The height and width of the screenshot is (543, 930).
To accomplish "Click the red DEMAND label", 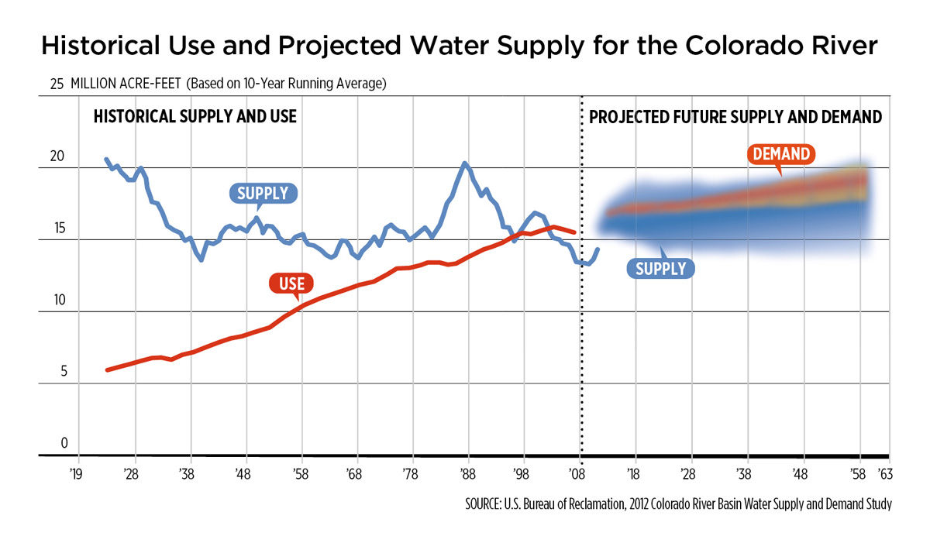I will coord(781,154).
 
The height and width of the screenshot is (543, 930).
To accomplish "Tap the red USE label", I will coord(291,284).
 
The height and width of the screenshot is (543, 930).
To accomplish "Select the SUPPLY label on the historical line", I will coord(263,193).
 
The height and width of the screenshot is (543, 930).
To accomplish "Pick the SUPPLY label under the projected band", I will coord(661,269).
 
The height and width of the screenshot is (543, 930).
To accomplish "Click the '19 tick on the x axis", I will coord(75,473).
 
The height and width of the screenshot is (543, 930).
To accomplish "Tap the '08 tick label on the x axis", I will coord(578,473).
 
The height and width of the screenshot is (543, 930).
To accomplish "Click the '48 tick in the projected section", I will coord(801,473).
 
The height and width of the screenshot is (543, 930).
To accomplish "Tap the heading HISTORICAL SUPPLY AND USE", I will coord(195,118).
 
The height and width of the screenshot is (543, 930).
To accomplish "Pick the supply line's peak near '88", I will coord(464,163).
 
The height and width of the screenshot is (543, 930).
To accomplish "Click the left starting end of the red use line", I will coord(107,370).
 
